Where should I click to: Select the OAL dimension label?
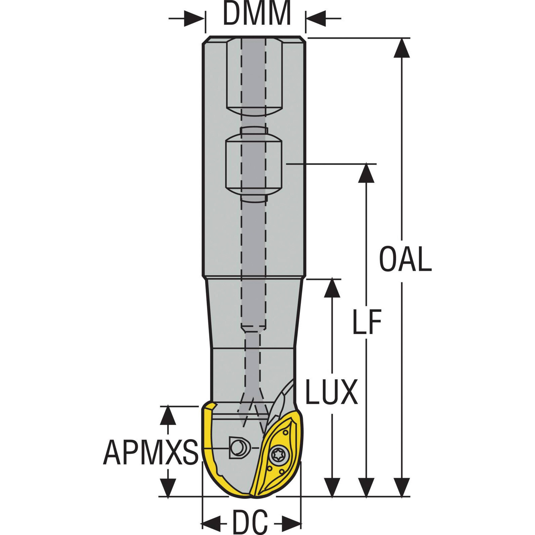405,259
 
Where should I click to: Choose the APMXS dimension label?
150,452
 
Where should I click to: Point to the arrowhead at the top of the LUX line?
332,288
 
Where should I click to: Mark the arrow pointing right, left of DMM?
194,18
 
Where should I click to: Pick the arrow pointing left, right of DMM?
316,18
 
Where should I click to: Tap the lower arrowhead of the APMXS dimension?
168,487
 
